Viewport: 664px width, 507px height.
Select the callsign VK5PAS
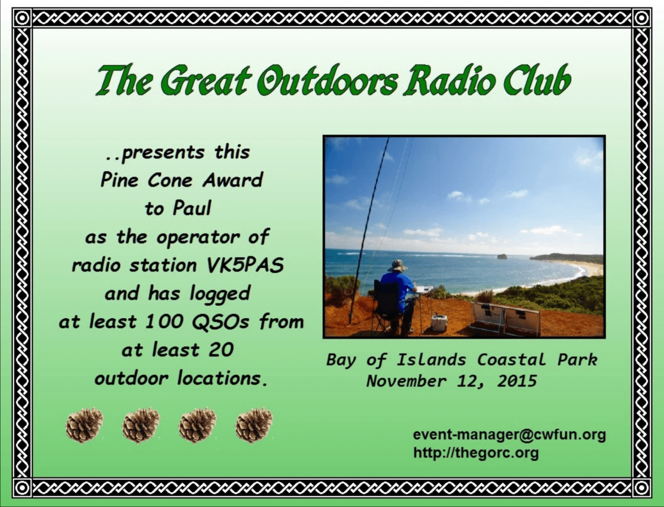point(245,266)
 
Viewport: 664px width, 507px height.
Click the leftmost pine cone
point(84,425)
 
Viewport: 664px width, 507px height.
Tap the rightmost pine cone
point(254,425)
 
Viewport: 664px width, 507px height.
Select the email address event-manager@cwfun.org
point(509,435)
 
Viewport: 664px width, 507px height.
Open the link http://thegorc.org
point(476,452)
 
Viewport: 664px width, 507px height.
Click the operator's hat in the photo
point(397,265)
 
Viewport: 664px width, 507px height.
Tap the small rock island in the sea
point(502,256)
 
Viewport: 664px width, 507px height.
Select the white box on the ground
point(439,323)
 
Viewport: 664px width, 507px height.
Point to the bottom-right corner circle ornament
point(641,488)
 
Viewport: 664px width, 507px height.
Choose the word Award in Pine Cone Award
point(232,180)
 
